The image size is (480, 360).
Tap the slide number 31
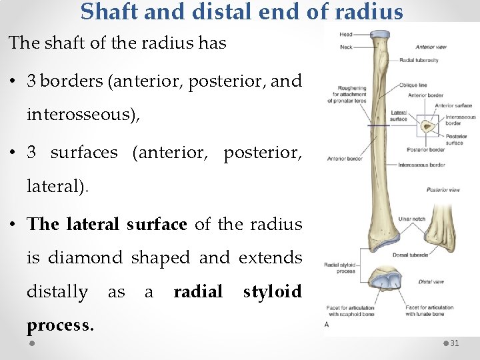[455, 343]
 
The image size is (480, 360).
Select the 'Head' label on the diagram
[346, 34]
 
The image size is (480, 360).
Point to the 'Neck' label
[346, 47]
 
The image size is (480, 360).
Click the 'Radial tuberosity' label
[419, 60]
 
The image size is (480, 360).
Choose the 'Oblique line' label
[413, 85]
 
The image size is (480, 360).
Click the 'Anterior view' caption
[431, 47]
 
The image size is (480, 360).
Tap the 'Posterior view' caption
[443, 190]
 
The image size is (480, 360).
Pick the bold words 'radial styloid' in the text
[237, 291]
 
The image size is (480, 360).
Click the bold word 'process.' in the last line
[60, 325]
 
